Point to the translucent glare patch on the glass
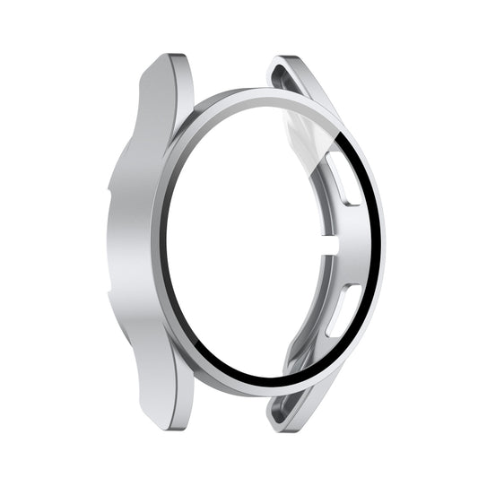pos(309,135)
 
